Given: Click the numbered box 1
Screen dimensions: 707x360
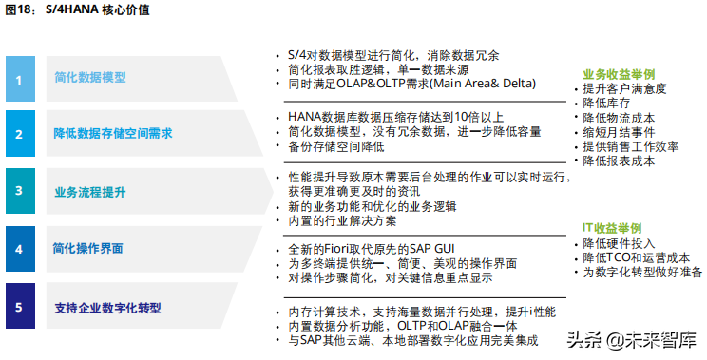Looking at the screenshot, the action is (18, 79).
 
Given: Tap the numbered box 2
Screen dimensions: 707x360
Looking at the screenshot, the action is (18, 135).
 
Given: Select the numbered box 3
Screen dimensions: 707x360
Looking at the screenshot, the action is (18, 191).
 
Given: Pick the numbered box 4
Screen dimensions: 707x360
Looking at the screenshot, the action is (18, 249).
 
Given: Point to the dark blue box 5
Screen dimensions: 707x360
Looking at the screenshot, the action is (18, 307).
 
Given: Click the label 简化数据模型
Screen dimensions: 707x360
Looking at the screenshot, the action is (90, 79).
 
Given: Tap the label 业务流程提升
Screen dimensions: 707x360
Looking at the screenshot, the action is (90, 191).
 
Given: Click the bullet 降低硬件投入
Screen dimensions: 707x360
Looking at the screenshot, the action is (618, 243).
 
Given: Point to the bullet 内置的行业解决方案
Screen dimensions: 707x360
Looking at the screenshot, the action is (342, 221).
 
